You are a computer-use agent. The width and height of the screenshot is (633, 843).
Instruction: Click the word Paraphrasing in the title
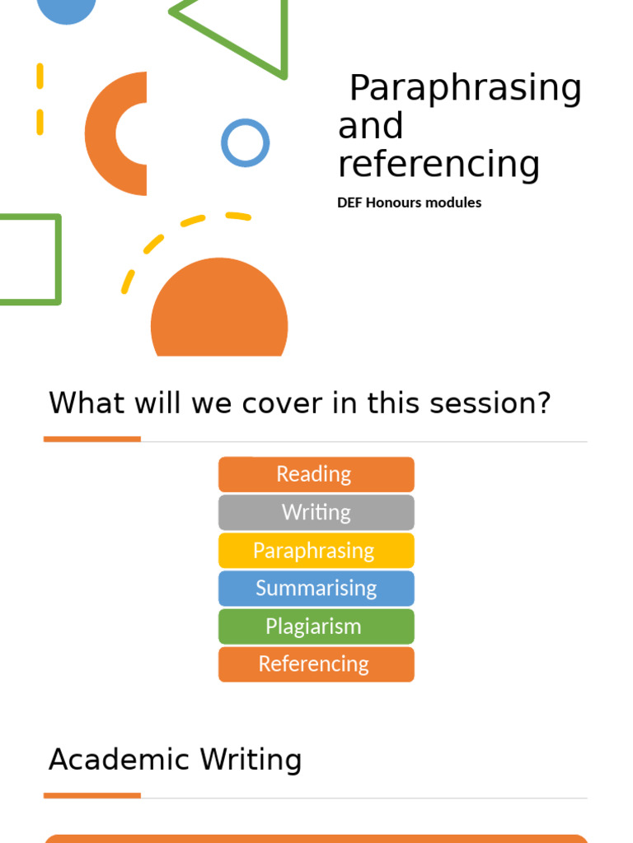(x=465, y=89)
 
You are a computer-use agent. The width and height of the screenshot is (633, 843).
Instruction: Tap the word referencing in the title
(x=438, y=164)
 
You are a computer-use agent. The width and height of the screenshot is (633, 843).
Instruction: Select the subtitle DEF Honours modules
(x=409, y=203)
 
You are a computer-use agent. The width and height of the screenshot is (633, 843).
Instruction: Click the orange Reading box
(x=316, y=474)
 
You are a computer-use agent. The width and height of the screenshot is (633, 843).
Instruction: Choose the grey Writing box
(x=316, y=512)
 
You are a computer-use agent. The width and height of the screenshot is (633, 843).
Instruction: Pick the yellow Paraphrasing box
(x=316, y=550)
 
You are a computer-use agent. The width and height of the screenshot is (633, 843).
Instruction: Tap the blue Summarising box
(x=316, y=588)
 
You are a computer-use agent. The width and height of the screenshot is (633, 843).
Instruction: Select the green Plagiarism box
(x=316, y=626)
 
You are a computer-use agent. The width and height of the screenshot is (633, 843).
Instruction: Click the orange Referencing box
(x=316, y=664)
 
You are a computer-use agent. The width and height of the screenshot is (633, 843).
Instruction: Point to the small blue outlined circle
(x=245, y=142)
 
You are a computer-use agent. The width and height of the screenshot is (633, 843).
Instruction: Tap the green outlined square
(x=57, y=259)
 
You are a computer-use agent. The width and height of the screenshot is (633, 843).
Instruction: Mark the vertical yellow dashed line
(x=40, y=99)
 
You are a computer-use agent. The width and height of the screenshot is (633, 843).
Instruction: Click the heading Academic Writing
(x=175, y=759)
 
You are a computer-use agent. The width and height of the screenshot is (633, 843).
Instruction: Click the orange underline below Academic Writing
(x=91, y=795)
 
